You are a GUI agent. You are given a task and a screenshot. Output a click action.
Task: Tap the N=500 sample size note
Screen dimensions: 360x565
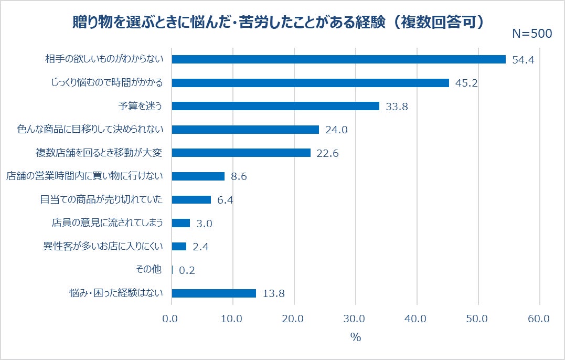tap(531, 34)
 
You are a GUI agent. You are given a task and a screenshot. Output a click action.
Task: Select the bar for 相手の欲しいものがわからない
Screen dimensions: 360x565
tap(338, 59)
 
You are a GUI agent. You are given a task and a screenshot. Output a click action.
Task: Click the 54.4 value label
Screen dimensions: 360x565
tap(523, 60)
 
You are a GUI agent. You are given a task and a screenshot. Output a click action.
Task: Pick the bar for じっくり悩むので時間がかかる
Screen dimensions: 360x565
tap(310, 83)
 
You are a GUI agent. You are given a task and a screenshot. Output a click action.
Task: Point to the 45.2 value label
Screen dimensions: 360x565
tap(466, 83)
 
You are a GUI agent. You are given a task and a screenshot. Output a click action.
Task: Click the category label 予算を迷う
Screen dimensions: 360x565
tap(140, 106)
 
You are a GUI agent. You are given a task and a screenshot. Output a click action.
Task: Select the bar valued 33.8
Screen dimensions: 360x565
tap(275, 106)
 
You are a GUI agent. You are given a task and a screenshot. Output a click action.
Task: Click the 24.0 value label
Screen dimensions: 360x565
tap(336, 130)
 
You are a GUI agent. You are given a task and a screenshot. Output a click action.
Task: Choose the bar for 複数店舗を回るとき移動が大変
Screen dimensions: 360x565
tap(241, 153)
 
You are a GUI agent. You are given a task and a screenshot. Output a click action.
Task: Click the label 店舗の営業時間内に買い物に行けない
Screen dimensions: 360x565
tap(84, 176)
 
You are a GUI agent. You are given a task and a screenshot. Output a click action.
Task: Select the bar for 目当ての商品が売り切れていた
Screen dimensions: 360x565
tap(191, 199)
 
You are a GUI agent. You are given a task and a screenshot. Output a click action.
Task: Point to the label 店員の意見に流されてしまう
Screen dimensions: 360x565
tap(108, 223)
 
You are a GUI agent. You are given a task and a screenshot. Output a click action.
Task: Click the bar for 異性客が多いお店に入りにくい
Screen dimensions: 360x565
tap(179, 246)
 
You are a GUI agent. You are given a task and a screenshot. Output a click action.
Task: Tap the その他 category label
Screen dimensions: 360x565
tap(150, 270)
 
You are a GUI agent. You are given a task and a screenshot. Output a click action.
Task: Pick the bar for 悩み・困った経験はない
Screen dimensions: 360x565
tap(214, 293)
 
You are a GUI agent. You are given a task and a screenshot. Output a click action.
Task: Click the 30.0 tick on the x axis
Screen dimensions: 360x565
tap(355, 319)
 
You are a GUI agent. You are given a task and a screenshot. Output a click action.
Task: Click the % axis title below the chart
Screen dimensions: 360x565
tap(356, 338)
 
